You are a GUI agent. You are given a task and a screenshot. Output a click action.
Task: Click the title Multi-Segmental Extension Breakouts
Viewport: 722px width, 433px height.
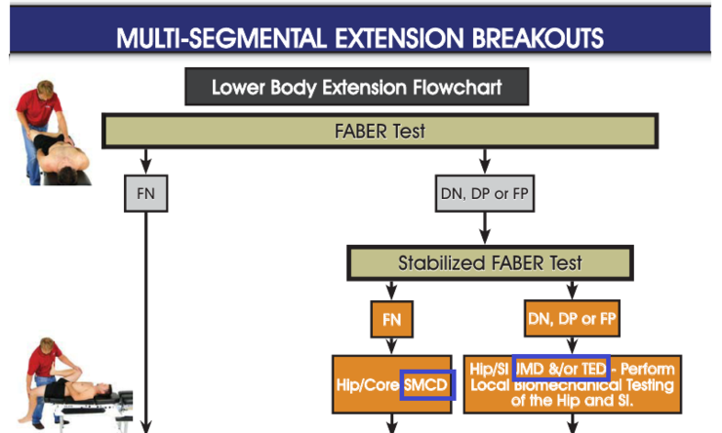point(359,38)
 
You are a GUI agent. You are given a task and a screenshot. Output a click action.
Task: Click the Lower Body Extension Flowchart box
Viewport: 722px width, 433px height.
point(357,88)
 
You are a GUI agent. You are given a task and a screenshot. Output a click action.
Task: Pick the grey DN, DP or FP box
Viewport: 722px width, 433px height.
point(485,193)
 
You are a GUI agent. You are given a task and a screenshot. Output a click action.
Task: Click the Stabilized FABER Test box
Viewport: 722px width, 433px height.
point(490,262)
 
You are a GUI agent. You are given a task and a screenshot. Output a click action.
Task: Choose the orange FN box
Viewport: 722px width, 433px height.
point(391,318)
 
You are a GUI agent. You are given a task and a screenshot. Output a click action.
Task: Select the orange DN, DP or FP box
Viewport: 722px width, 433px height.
point(571,318)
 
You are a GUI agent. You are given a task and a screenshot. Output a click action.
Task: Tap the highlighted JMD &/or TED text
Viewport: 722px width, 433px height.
point(561,369)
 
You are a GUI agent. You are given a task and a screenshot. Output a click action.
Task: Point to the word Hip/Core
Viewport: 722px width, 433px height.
point(368,385)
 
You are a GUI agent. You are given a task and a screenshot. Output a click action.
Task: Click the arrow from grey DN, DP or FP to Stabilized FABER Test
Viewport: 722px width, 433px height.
point(485,228)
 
